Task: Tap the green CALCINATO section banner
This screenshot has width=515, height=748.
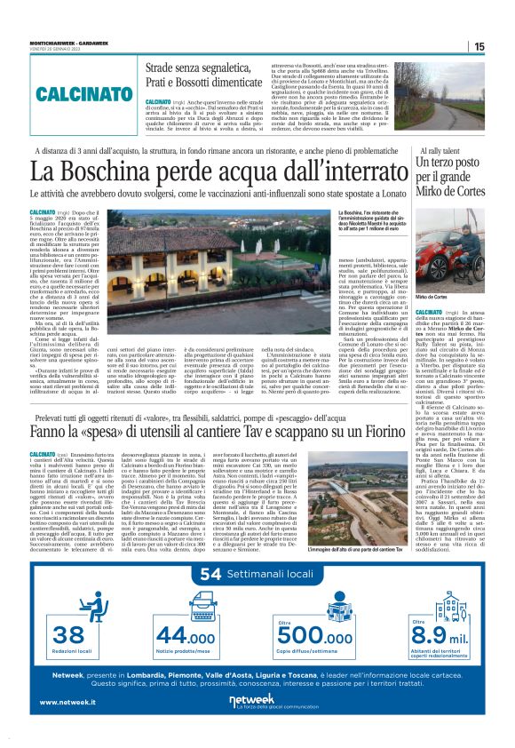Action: click(x=87, y=92)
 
